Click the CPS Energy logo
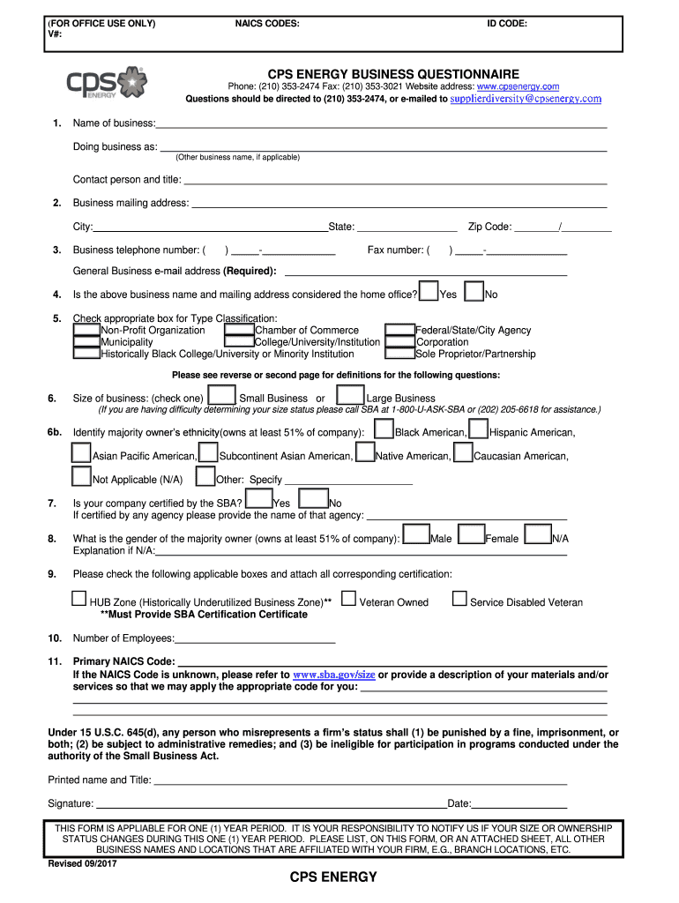[x=108, y=84]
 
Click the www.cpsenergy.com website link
[x=518, y=86]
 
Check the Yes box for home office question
[x=429, y=291]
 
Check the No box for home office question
[x=474, y=291]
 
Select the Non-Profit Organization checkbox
[x=86, y=330]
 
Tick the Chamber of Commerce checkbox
[x=239, y=330]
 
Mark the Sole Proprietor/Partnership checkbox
[x=401, y=354]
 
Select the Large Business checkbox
[x=351, y=396]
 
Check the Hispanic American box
[x=478, y=429]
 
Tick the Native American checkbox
[x=364, y=453]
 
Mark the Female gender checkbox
[x=472, y=535]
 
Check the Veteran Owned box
[x=348, y=600]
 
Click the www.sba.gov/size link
[x=334, y=675]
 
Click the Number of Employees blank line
[x=256, y=638]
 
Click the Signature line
[x=270, y=803]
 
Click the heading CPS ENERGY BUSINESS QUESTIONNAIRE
[x=394, y=74]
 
